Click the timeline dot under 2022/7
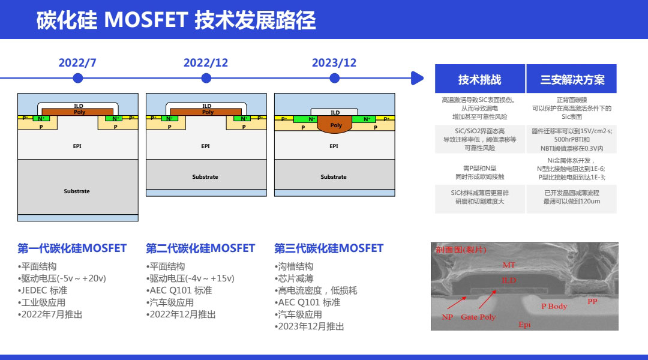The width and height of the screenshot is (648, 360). (77, 78)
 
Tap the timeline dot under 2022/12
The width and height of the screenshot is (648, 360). (206, 78)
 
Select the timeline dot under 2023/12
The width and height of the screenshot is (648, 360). (335, 78)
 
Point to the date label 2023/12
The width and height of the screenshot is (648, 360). (334, 63)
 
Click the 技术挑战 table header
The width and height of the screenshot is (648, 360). (479, 79)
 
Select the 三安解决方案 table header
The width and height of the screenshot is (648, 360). (572, 79)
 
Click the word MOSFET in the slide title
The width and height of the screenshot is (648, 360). (146, 20)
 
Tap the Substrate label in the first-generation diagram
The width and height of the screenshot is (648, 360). (77, 191)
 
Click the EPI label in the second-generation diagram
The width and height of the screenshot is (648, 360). (205, 146)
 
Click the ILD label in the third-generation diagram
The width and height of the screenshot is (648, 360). (335, 112)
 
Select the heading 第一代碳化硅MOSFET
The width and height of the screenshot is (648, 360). (72, 248)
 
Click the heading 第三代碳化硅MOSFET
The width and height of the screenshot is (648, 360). (329, 248)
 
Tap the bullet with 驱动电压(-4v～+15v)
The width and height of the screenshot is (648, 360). (191, 278)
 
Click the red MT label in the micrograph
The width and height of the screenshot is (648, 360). (508, 265)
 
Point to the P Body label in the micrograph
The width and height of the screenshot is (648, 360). (554, 306)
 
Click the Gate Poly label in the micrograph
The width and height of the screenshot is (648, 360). (478, 317)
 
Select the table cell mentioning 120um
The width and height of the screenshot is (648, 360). (572, 197)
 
